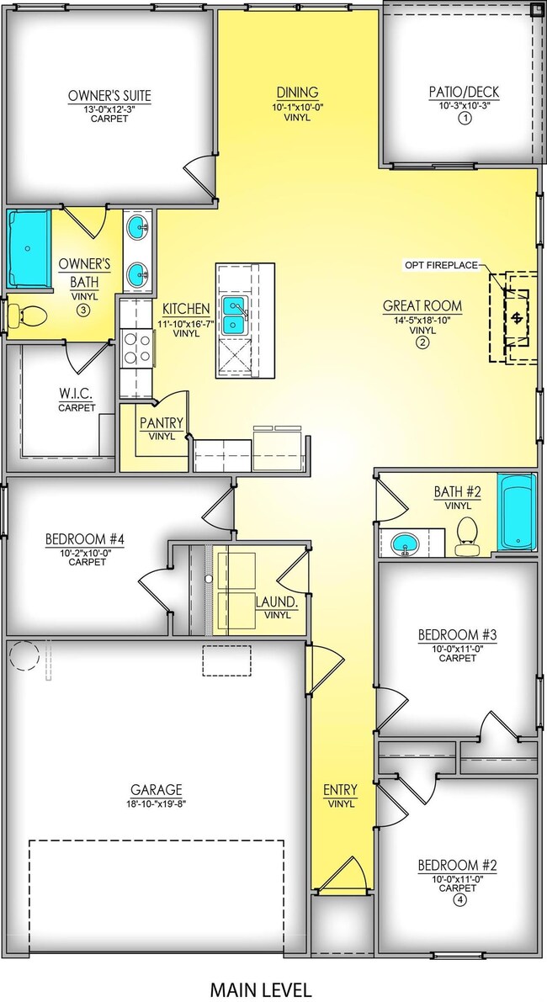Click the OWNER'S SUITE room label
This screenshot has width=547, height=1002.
point(109,96)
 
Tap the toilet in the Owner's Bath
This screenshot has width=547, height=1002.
point(28,316)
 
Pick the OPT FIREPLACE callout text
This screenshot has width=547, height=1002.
point(440,266)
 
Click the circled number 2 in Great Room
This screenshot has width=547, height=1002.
point(422,342)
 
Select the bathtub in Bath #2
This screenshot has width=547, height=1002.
point(516,512)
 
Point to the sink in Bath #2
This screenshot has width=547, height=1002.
point(406,545)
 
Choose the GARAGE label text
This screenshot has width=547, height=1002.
point(156,789)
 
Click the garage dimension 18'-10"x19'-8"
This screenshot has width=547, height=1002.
point(156,803)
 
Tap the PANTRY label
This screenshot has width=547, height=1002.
point(162,424)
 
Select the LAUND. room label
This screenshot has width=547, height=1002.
point(273,602)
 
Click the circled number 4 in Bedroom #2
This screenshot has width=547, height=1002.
point(459,899)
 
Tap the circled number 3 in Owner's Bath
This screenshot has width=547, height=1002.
point(83,310)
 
